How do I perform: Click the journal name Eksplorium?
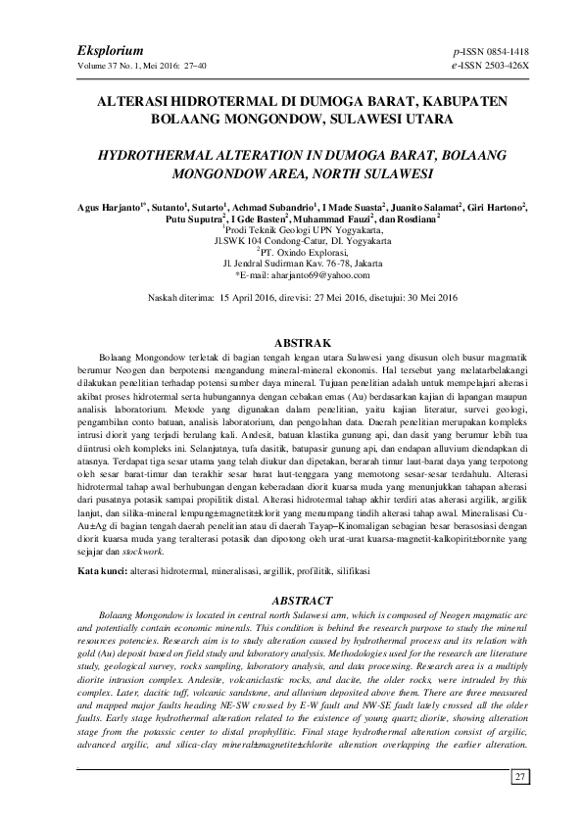pos(110,49)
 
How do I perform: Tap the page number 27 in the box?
pos(520,777)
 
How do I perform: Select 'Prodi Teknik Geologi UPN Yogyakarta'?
pos(292,229)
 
